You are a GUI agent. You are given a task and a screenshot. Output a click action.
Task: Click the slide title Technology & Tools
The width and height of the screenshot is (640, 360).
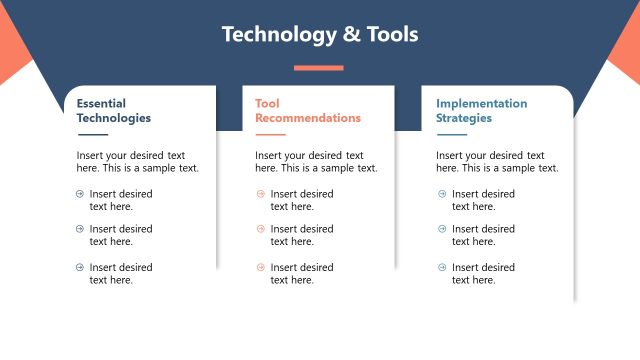point(319,34)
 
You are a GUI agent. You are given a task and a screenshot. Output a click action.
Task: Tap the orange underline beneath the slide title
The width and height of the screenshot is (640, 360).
point(319,68)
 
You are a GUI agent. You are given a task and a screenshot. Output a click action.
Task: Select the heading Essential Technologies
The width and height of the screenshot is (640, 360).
point(113,110)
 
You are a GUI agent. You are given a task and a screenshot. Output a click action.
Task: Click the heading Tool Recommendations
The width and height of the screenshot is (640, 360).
point(307,110)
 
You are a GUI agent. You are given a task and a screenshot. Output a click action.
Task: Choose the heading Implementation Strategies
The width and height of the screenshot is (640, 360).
point(481,110)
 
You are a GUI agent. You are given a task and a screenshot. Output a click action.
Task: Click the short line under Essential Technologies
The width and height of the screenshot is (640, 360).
point(92,134)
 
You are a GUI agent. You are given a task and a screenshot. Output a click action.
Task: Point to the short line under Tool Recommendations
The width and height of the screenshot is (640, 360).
point(270,134)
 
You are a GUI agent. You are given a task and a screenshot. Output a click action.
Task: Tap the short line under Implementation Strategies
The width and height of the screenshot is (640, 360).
point(451,134)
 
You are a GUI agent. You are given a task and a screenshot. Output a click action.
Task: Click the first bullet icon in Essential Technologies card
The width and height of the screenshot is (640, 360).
point(80,194)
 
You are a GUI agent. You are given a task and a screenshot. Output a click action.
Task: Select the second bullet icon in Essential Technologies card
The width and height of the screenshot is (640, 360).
point(80,229)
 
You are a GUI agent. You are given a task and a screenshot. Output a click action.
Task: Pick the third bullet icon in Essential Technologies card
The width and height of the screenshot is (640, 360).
point(80,267)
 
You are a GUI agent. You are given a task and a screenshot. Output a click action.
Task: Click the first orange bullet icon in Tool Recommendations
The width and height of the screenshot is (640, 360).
point(261,194)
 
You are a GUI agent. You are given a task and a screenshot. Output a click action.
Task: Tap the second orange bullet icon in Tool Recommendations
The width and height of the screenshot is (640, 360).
point(261,229)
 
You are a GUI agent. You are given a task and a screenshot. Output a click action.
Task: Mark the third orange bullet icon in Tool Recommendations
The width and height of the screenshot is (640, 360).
point(261,267)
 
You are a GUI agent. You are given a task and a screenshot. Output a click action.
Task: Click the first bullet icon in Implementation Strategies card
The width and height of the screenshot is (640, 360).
point(442,194)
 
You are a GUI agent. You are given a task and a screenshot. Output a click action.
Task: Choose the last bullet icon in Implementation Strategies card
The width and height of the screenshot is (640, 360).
point(442,267)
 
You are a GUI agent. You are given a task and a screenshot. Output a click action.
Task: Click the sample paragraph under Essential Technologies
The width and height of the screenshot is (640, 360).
point(137,162)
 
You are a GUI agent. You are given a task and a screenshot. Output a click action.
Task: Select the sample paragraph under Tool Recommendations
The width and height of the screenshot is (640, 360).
point(316,162)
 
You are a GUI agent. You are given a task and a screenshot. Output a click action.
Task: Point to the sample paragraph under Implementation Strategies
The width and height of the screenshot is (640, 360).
point(497,162)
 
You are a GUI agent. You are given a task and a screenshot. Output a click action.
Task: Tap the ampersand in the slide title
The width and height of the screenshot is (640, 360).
point(352,35)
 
